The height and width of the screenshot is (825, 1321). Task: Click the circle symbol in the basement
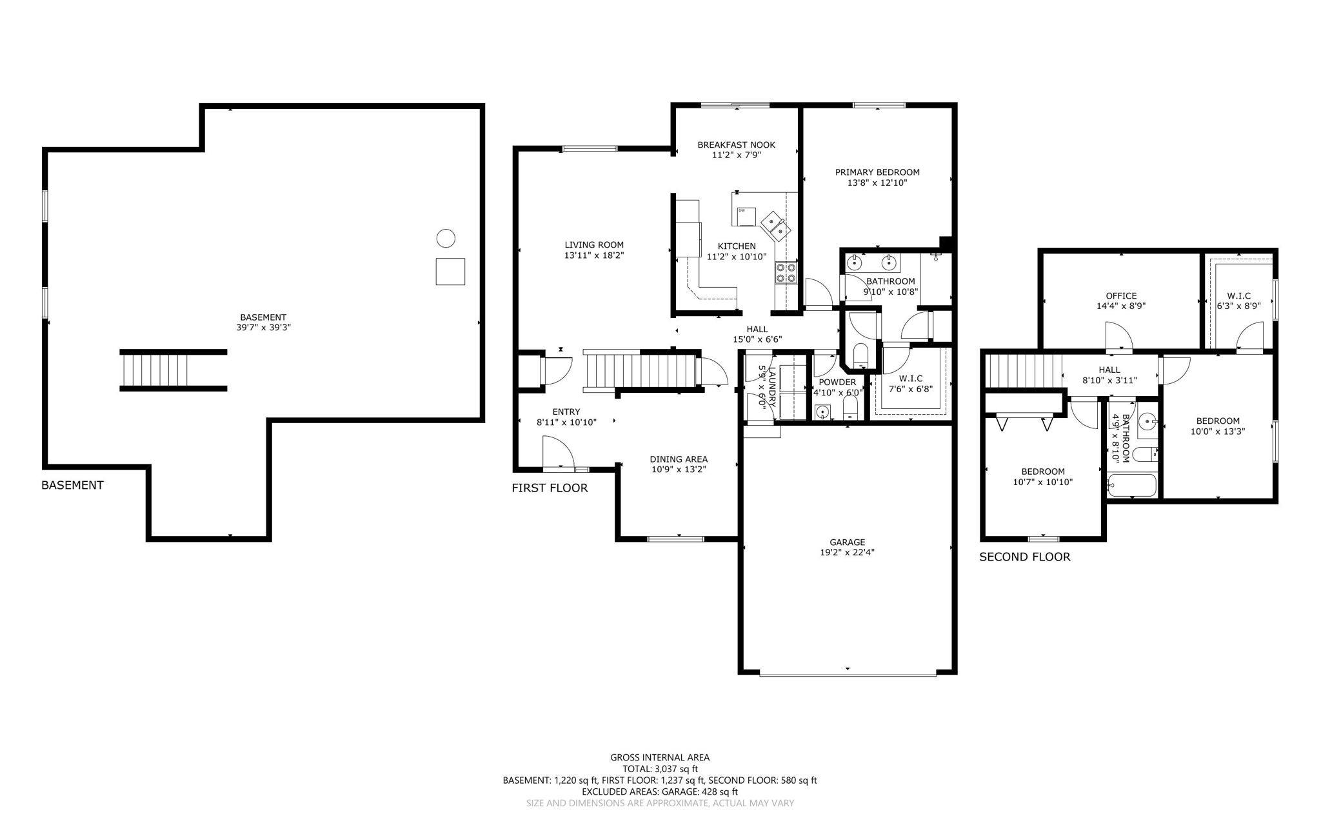point(446,239)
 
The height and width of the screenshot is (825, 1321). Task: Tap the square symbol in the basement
point(450,271)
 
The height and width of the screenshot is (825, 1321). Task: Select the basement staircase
point(173,370)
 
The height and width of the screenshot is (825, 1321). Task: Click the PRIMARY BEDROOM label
point(877,172)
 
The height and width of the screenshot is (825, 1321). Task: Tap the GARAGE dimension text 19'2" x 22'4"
point(848,552)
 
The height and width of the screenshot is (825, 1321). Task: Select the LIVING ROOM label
point(594,245)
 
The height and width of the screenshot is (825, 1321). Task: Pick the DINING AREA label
point(679,459)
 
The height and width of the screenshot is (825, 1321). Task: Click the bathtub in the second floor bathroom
point(1132,485)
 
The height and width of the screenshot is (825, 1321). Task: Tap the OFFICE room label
point(1121,296)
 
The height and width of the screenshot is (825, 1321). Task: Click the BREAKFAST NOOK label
point(736,145)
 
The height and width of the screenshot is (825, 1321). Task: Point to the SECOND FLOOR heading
point(1024,557)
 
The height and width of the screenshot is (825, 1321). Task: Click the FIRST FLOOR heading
point(550,488)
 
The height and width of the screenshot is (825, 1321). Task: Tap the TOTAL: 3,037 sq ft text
point(660,769)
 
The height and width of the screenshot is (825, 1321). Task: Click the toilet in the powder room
point(850,408)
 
